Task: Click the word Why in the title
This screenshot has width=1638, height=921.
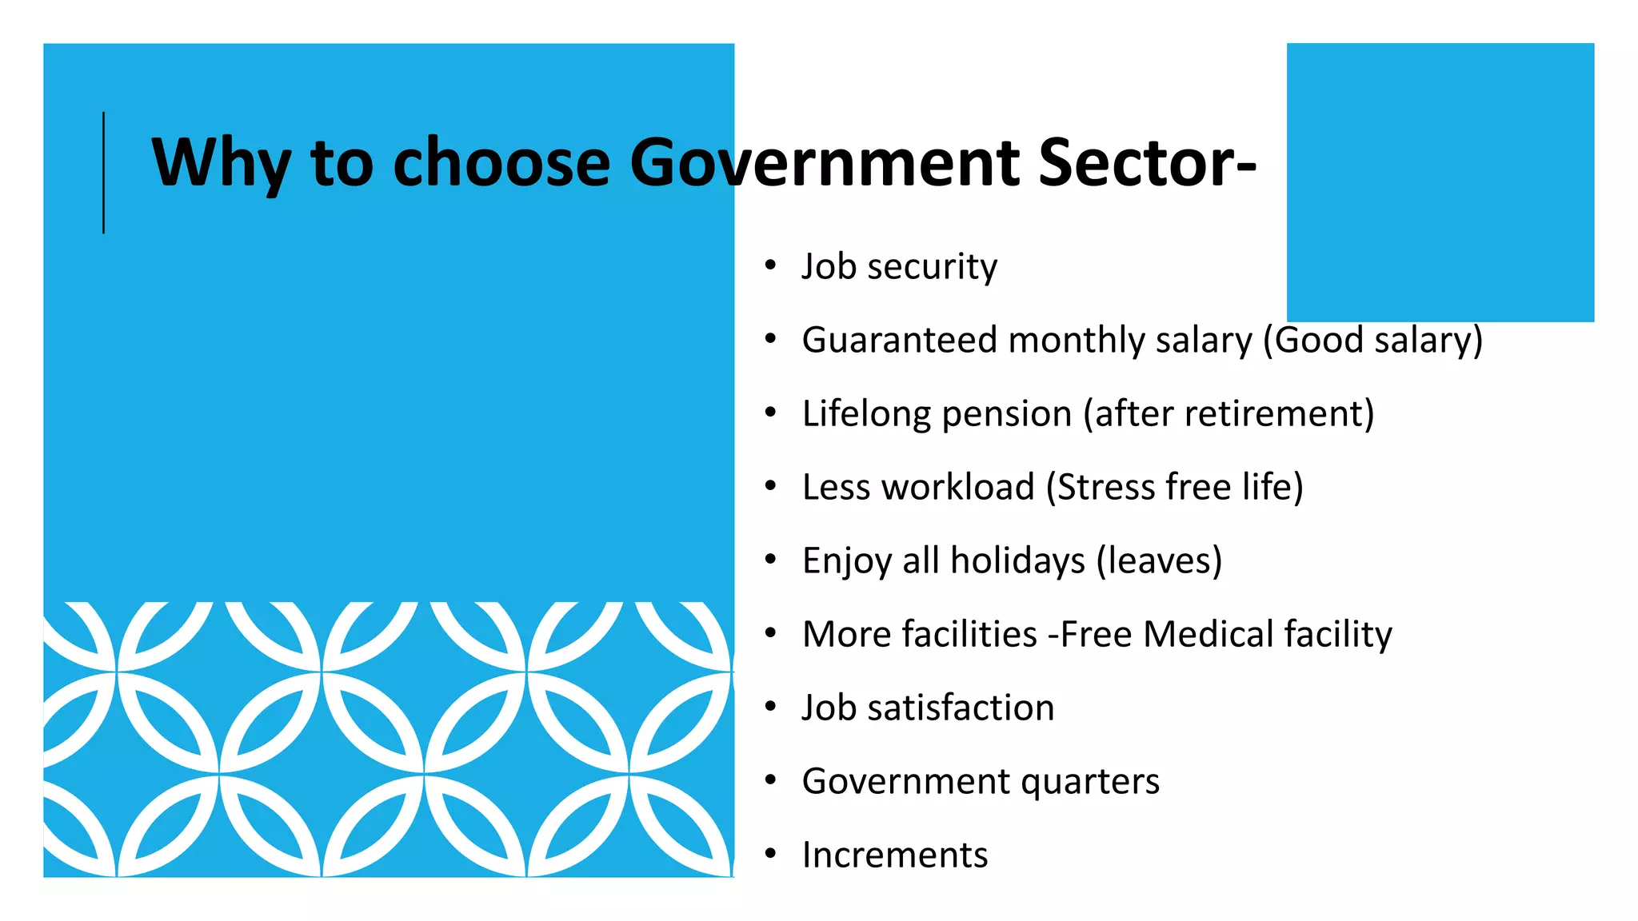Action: [221, 163]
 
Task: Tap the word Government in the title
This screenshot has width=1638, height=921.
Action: [825, 163]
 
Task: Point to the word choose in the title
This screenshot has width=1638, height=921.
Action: [501, 163]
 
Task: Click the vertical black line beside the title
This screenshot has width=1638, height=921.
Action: [104, 173]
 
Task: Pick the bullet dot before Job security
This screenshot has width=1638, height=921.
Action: [770, 265]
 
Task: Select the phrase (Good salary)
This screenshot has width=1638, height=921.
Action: [1372, 340]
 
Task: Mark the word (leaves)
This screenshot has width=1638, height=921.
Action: [1159, 560]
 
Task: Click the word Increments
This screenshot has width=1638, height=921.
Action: [895, 855]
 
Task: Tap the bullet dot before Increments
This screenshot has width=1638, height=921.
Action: [770, 854]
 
